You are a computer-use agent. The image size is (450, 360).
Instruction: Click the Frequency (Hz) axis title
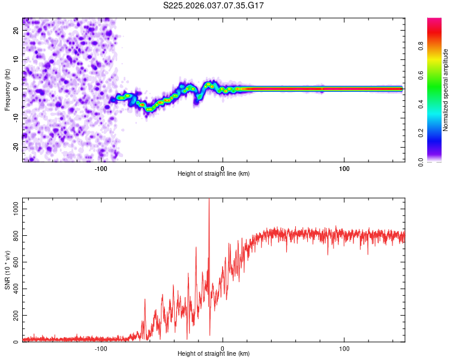7,89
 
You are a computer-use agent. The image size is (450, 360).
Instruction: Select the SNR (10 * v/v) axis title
7,271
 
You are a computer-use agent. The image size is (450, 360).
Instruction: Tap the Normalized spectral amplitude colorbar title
445,89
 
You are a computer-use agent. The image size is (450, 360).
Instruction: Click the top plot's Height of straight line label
214,173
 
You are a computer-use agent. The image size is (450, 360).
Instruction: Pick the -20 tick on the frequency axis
16,147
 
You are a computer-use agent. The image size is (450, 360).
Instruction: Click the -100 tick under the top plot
101,167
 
